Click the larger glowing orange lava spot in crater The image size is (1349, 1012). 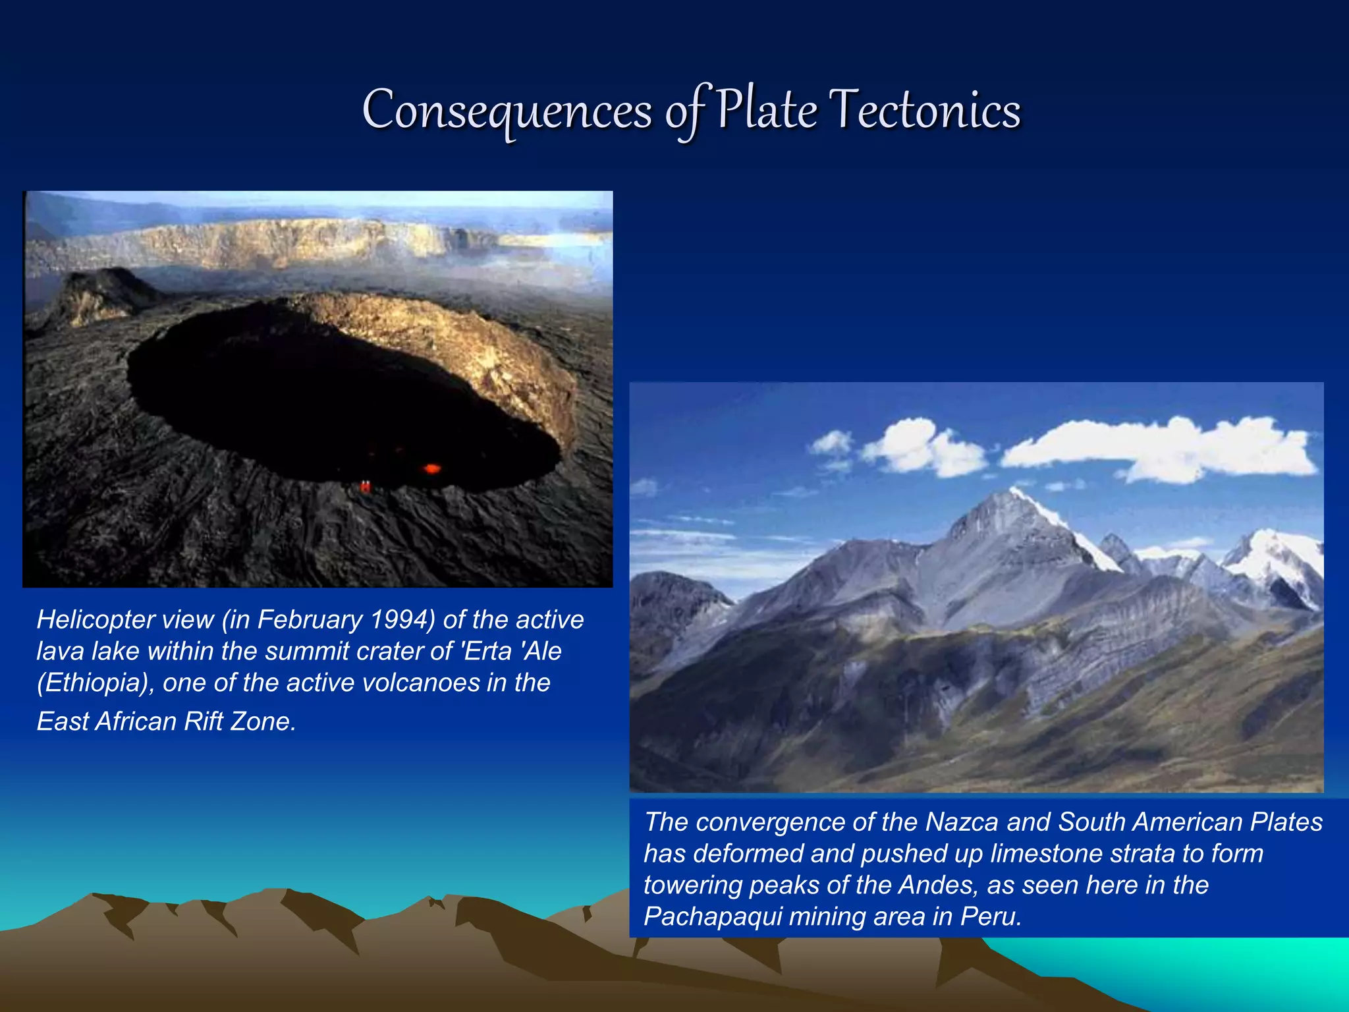[x=431, y=468]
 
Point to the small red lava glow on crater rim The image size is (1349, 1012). [x=365, y=486]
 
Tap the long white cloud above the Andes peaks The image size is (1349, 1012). [x=1159, y=448]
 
